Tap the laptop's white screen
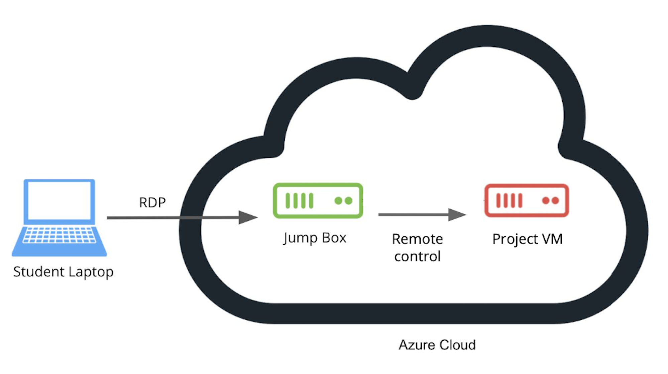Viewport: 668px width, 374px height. (x=59, y=200)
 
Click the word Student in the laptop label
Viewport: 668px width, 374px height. (x=39, y=272)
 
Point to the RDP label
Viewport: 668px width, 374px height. (x=152, y=202)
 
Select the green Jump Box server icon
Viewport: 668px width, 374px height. (x=318, y=201)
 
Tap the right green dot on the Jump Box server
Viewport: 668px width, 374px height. (x=349, y=201)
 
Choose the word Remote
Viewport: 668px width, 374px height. (x=417, y=239)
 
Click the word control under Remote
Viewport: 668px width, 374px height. (x=417, y=256)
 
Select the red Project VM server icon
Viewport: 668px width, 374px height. (x=527, y=201)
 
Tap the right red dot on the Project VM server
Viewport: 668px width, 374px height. (x=555, y=201)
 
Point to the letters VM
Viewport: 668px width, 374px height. (x=552, y=239)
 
